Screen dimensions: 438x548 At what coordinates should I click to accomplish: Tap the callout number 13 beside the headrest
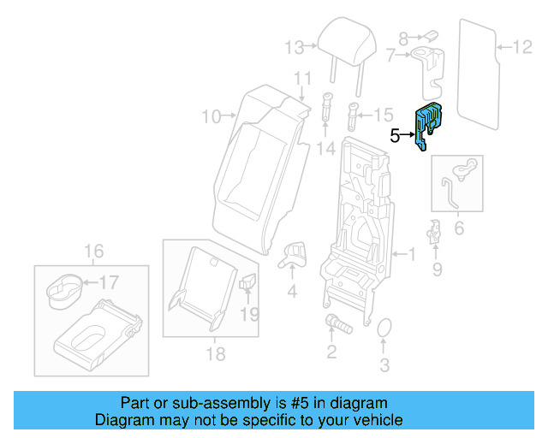tap(295, 46)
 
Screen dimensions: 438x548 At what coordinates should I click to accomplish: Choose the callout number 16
tap(93, 251)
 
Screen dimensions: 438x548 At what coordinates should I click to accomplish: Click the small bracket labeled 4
tap(294, 252)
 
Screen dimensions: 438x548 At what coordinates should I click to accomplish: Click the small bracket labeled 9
tap(435, 231)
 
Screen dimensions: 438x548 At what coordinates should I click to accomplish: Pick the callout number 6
tap(458, 228)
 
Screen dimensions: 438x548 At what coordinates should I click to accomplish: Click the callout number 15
tap(383, 114)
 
